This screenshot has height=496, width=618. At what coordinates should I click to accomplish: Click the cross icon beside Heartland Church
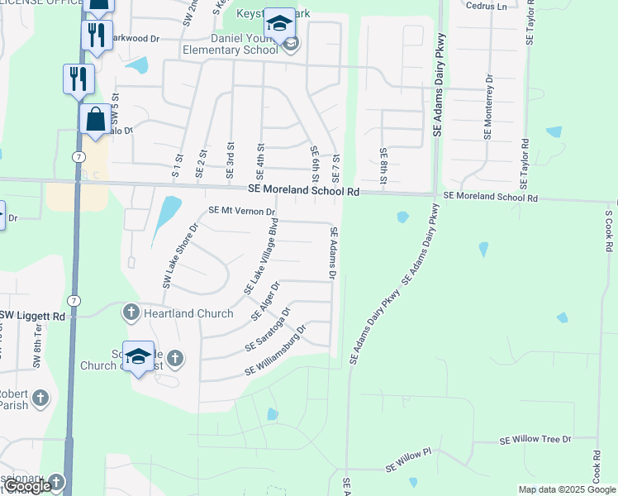click(131, 312)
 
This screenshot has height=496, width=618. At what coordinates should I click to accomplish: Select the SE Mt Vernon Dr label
click(241, 211)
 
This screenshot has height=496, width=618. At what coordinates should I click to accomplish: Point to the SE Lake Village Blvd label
click(261, 256)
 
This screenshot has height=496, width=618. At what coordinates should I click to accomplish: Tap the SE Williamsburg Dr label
click(275, 351)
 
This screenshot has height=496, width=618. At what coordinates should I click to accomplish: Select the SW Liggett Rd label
click(31, 316)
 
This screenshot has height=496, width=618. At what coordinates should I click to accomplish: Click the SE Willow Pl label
click(408, 460)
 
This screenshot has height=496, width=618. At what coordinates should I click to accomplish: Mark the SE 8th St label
click(383, 165)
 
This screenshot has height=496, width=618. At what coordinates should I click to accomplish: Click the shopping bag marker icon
click(96, 119)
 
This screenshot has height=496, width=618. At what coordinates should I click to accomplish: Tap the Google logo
click(27, 487)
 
